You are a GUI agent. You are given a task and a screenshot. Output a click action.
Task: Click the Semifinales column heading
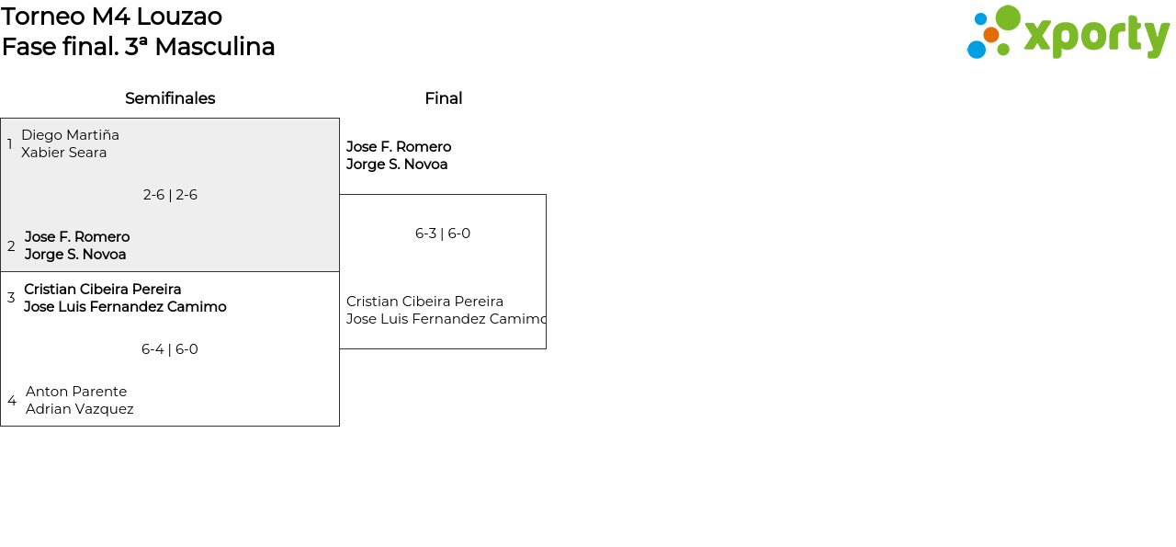(170, 98)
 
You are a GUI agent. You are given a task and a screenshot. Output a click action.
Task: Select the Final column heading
(443, 98)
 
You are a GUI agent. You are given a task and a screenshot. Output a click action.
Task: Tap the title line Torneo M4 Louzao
(112, 17)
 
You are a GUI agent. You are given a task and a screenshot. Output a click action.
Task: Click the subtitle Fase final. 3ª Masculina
(139, 47)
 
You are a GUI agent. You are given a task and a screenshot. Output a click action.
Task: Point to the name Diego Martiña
(70, 135)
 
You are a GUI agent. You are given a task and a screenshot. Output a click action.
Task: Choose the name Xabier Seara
(63, 153)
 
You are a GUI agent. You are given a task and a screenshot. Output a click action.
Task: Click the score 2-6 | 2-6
(170, 195)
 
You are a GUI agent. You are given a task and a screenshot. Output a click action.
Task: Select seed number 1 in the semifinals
(10, 144)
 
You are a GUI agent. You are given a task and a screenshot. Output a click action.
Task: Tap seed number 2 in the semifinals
(11, 246)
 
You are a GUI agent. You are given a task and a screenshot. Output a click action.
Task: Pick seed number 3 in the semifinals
(11, 298)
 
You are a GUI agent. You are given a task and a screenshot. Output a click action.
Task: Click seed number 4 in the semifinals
(12, 401)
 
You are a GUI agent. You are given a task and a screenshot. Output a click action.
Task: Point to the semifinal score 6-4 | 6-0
(170, 349)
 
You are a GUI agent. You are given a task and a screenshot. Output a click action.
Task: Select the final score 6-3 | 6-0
(443, 234)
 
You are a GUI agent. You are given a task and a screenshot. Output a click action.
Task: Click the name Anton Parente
(76, 392)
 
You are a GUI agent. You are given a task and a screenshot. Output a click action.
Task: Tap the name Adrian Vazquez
(80, 409)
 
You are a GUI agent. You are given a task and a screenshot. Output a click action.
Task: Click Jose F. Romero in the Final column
(399, 147)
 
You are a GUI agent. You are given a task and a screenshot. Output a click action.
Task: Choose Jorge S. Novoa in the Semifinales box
(75, 255)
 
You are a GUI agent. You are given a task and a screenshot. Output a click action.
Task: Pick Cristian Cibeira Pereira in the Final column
(424, 302)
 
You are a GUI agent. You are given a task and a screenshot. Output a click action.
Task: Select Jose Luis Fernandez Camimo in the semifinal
(125, 307)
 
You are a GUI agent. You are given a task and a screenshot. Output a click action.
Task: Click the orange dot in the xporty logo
(991, 35)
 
